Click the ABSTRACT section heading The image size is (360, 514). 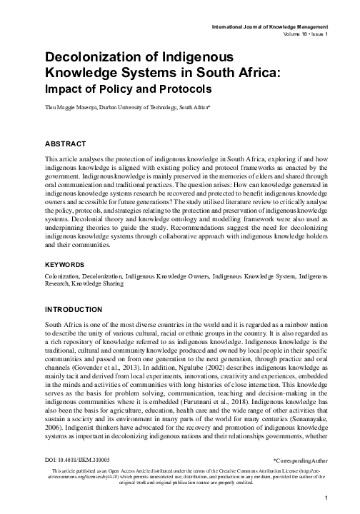coord(66,143)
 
